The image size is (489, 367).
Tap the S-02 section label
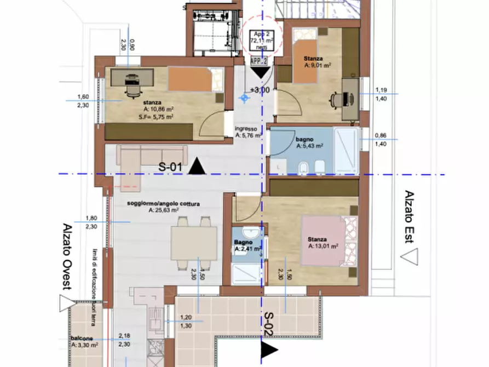pos(269,323)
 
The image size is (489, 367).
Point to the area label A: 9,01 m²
pos(318,65)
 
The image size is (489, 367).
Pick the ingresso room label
pos(246,129)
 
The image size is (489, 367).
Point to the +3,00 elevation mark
pos(259,90)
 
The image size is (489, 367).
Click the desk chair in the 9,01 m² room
pos(336,101)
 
